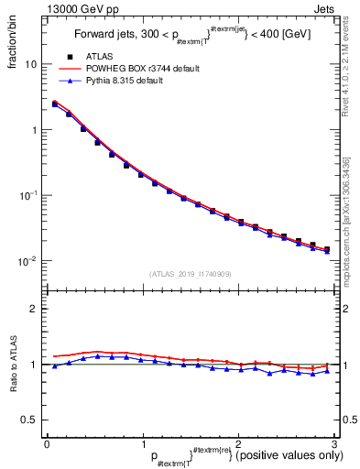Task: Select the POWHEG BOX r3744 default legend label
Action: click(143, 68)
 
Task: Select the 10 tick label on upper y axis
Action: click(31, 64)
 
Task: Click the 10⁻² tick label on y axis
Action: click(28, 261)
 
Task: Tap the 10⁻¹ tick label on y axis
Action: click(28, 195)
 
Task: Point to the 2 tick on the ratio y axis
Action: click(34, 309)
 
